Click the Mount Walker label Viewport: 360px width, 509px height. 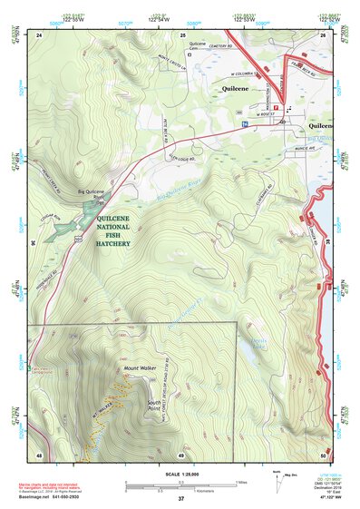point(135,367)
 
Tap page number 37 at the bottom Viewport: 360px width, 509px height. point(180,498)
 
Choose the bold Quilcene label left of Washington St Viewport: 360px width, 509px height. point(240,90)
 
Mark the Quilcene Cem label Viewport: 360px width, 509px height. point(198,46)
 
